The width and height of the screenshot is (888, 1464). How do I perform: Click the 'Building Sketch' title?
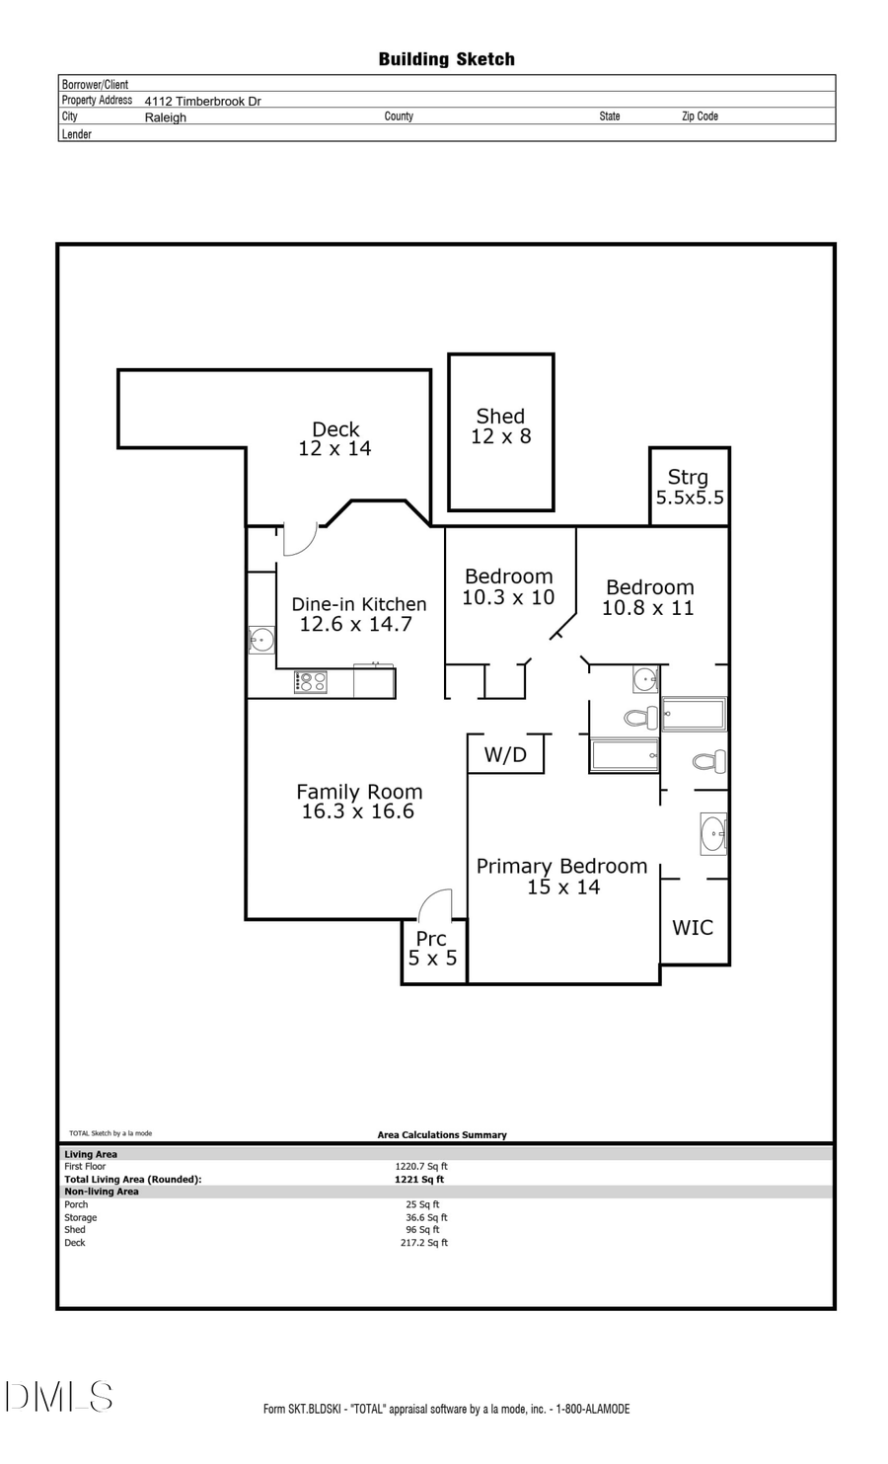(x=446, y=59)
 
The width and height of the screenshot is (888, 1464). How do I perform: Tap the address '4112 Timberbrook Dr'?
(x=202, y=101)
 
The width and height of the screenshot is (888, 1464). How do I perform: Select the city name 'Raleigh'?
(x=165, y=116)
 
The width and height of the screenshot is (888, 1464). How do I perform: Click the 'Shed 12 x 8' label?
(x=500, y=426)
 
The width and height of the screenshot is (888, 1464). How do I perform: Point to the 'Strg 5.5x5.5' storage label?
(x=689, y=487)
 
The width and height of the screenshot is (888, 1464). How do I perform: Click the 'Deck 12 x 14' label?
(x=335, y=438)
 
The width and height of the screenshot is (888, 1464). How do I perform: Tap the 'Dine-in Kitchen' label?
(x=358, y=604)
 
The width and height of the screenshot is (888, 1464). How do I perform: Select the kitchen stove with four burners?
(x=311, y=682)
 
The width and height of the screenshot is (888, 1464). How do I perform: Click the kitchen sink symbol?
(x=261, y=640)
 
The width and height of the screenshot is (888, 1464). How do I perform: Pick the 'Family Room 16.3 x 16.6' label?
(x=358, y=801)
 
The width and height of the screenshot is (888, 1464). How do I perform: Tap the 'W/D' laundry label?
(x=505, y=755)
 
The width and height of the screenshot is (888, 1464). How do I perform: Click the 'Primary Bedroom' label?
(x=561, y=866)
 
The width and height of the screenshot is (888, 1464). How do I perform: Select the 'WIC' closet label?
(x=693, y=927)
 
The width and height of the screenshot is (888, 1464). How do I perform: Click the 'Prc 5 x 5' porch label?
(x=432, y=948)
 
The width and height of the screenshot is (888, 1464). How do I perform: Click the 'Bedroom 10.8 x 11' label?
(x=649, y=597)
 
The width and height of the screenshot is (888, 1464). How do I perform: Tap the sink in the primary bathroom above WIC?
(x=712, y=833)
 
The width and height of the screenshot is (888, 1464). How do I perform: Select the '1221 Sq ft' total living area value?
(x=419, y=1179)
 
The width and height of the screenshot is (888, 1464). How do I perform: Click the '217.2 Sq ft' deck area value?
(x=424, y=1243)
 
